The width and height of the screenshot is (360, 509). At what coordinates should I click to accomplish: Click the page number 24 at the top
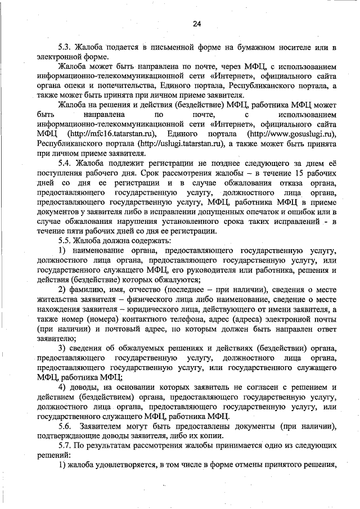click(x=196, y=23)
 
